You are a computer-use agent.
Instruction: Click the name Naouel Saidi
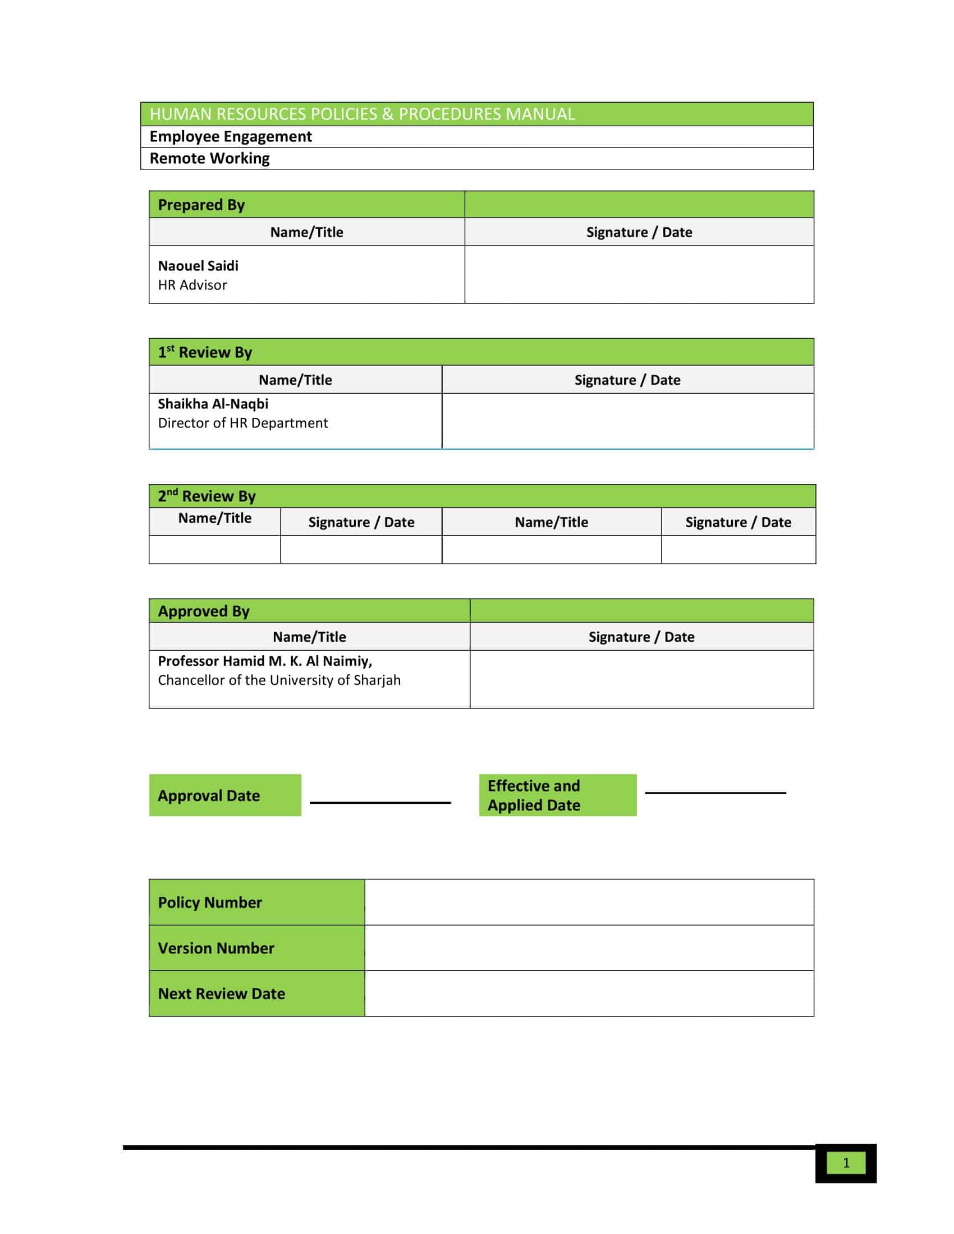[x=198, y=265]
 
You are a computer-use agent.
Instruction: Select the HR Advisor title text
[x=192, y=285]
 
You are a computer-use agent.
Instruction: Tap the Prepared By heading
[x=201, y=205]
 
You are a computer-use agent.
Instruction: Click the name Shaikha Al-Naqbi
[x=213, y=403]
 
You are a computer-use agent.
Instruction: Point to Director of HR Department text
[x=242, y=422]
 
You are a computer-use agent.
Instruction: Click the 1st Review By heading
[x=205, y=352]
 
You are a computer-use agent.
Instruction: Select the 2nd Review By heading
[x=207, y=495]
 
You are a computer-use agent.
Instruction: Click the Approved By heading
[x=204, y=611]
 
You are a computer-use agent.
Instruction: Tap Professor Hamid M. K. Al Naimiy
[x=264, y=661]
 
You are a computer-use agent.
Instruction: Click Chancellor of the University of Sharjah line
[x=279, y=680]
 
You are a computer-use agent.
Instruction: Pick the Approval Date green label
[x=225, y=795]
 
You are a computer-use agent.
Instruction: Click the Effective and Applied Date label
[x=557, y=795]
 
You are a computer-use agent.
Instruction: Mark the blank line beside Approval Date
[x=380, y=802]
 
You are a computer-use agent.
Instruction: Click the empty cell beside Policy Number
[x=589, y=903]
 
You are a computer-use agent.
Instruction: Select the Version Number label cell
[x=256, y=947]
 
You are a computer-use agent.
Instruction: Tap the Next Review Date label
[x=222, y=993]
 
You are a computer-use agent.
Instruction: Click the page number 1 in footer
[x=846, y=1163]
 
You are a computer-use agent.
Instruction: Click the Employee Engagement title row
[x=231, y=136]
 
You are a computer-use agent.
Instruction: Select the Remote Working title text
[x=209, y=158]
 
